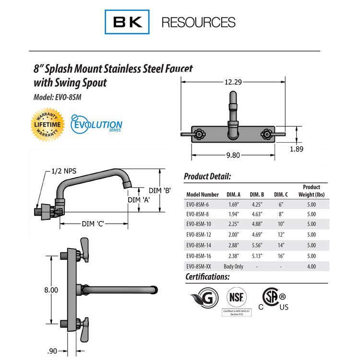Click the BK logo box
coord(127,22)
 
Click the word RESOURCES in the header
coord(198,22)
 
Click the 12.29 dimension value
coord(233,82)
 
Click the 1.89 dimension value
coord(297,149)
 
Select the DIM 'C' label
coord(93,224)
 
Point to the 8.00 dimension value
coord(50,290)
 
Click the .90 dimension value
coord(53,350)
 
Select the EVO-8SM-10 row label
coord(202,224)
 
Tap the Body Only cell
coord(233,266)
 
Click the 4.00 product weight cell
coord(311,266)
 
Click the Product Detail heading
coord(207,176)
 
